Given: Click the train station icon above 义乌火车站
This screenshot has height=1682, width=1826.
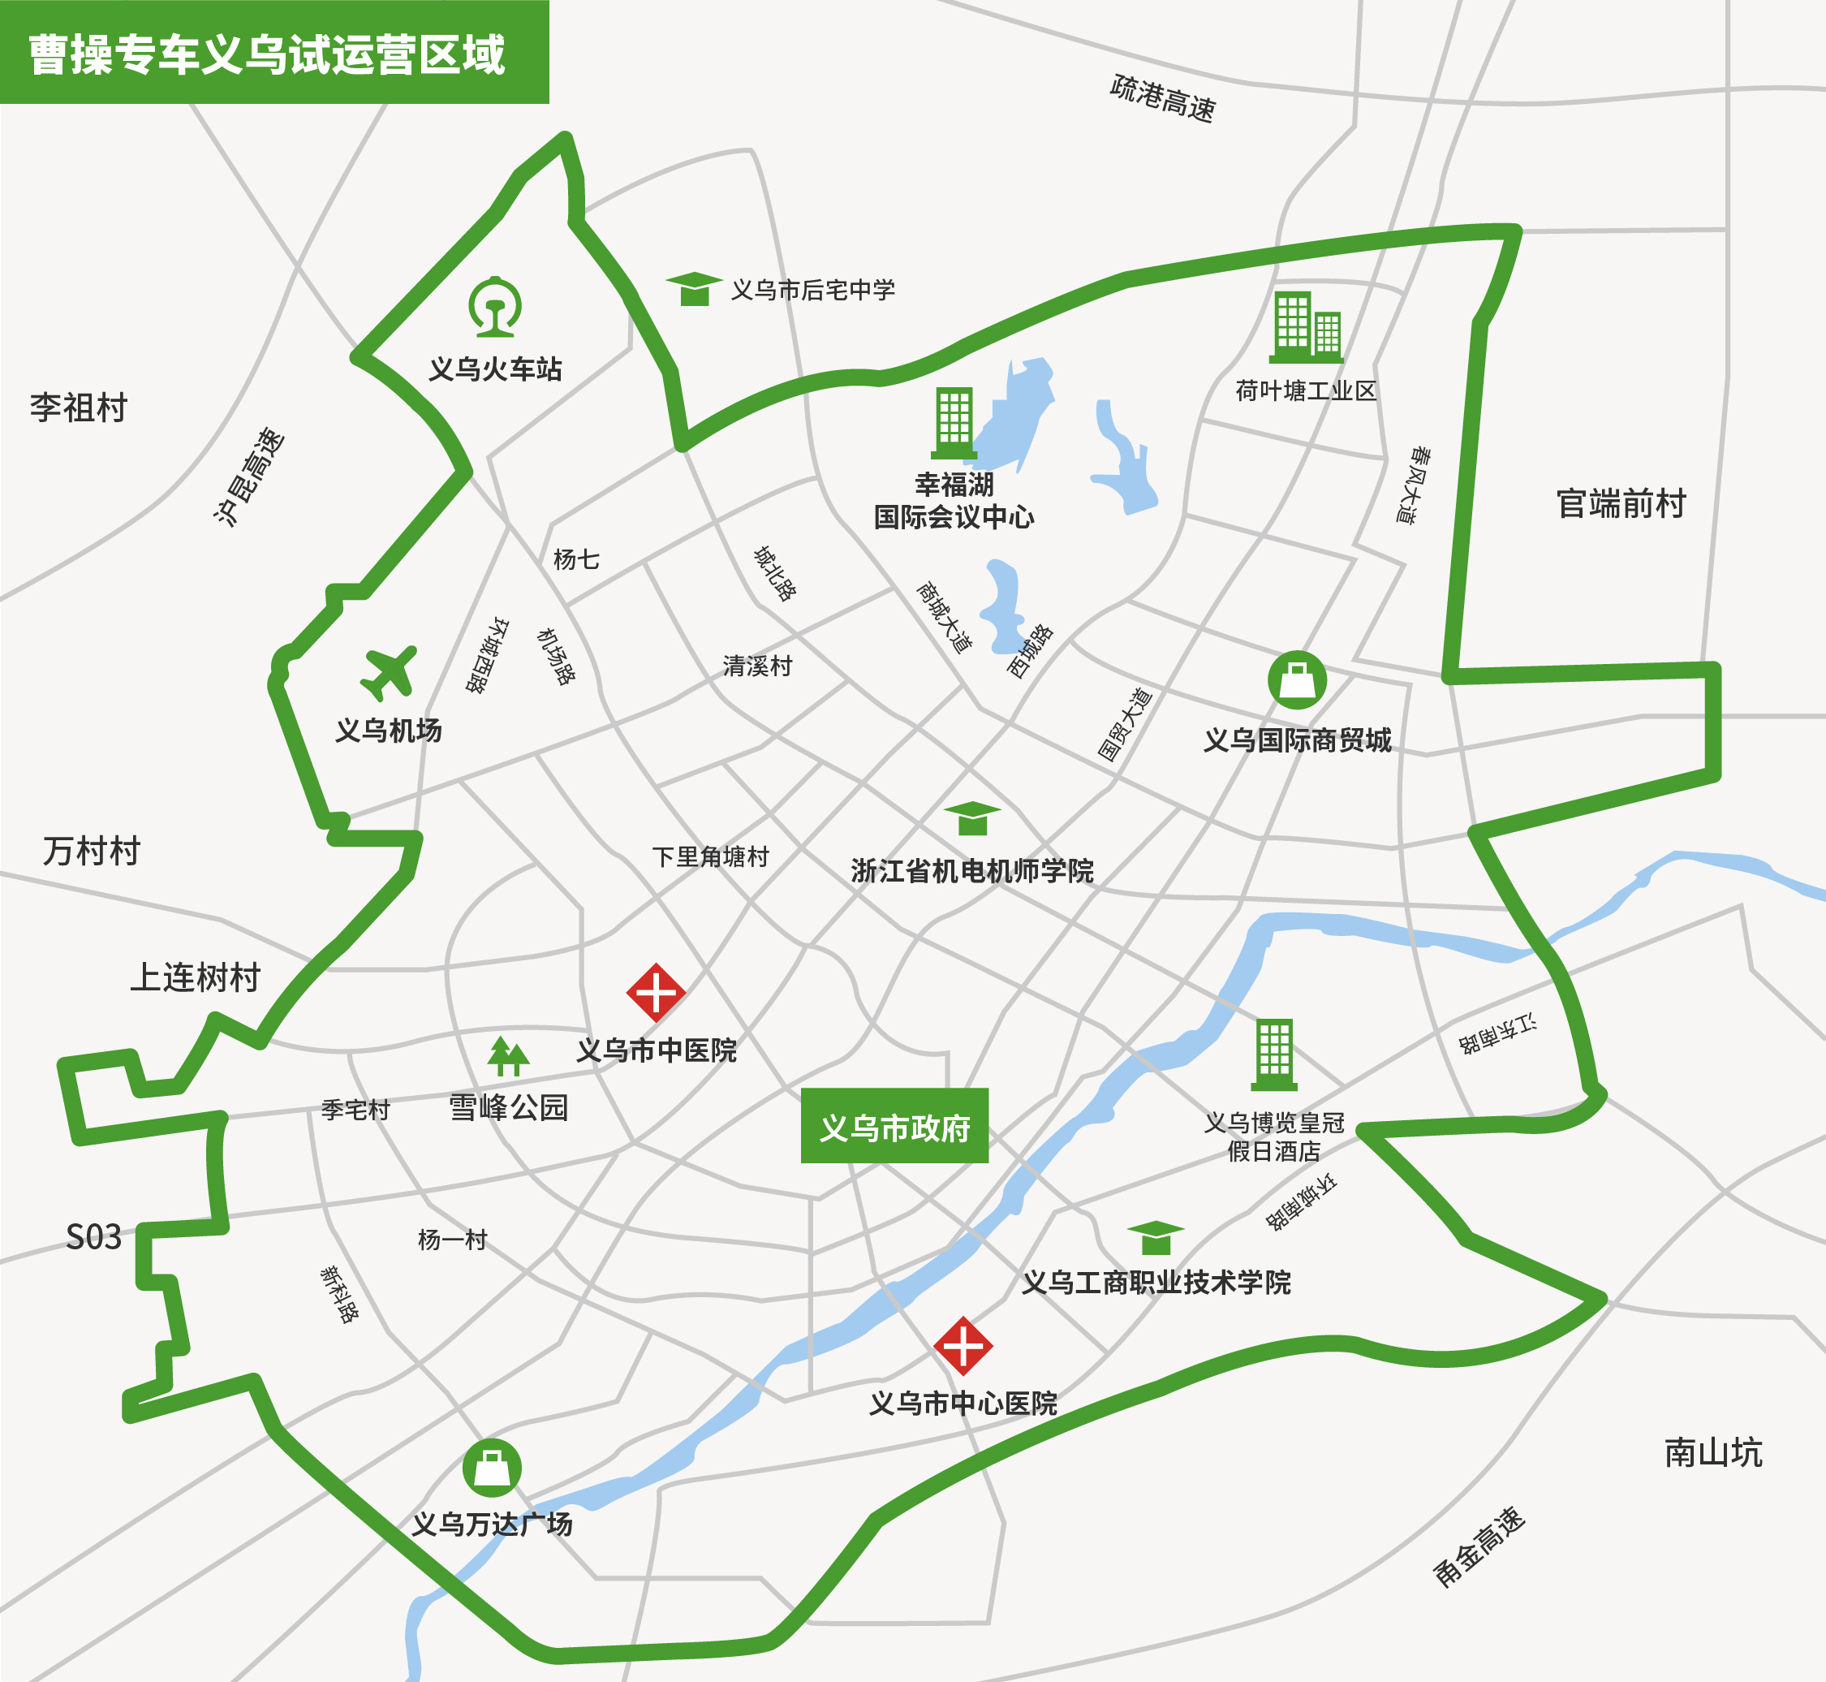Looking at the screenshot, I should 495,307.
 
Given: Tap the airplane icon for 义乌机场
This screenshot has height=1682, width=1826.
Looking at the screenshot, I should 389,673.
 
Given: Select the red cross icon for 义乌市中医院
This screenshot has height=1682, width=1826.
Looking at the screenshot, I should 655,992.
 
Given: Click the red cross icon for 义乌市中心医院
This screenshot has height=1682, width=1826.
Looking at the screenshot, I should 963,1345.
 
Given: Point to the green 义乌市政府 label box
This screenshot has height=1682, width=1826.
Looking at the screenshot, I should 894,1126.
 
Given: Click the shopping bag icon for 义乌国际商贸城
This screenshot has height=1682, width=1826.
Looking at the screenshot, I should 1297,680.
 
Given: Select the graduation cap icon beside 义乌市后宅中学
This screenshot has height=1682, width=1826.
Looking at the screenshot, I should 694,288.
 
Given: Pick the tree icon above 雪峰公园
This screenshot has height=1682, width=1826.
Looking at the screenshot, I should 508,1057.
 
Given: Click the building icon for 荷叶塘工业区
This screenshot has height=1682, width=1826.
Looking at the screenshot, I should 1307,327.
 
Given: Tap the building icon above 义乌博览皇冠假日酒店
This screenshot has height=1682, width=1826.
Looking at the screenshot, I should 1274,1054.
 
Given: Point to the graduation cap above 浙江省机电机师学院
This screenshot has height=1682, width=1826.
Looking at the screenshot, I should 971,818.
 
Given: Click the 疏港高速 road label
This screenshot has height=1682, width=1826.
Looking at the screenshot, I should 1163,98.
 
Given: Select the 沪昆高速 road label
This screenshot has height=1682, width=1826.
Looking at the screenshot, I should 249,476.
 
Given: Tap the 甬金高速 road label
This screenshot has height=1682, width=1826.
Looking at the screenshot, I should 1479,1546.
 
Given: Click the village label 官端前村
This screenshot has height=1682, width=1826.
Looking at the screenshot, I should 1621,503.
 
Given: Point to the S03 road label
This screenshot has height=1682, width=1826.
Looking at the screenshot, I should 93,1238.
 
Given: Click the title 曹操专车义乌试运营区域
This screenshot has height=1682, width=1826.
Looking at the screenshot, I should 266,54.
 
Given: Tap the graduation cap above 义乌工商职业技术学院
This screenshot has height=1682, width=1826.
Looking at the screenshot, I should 1156,1238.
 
